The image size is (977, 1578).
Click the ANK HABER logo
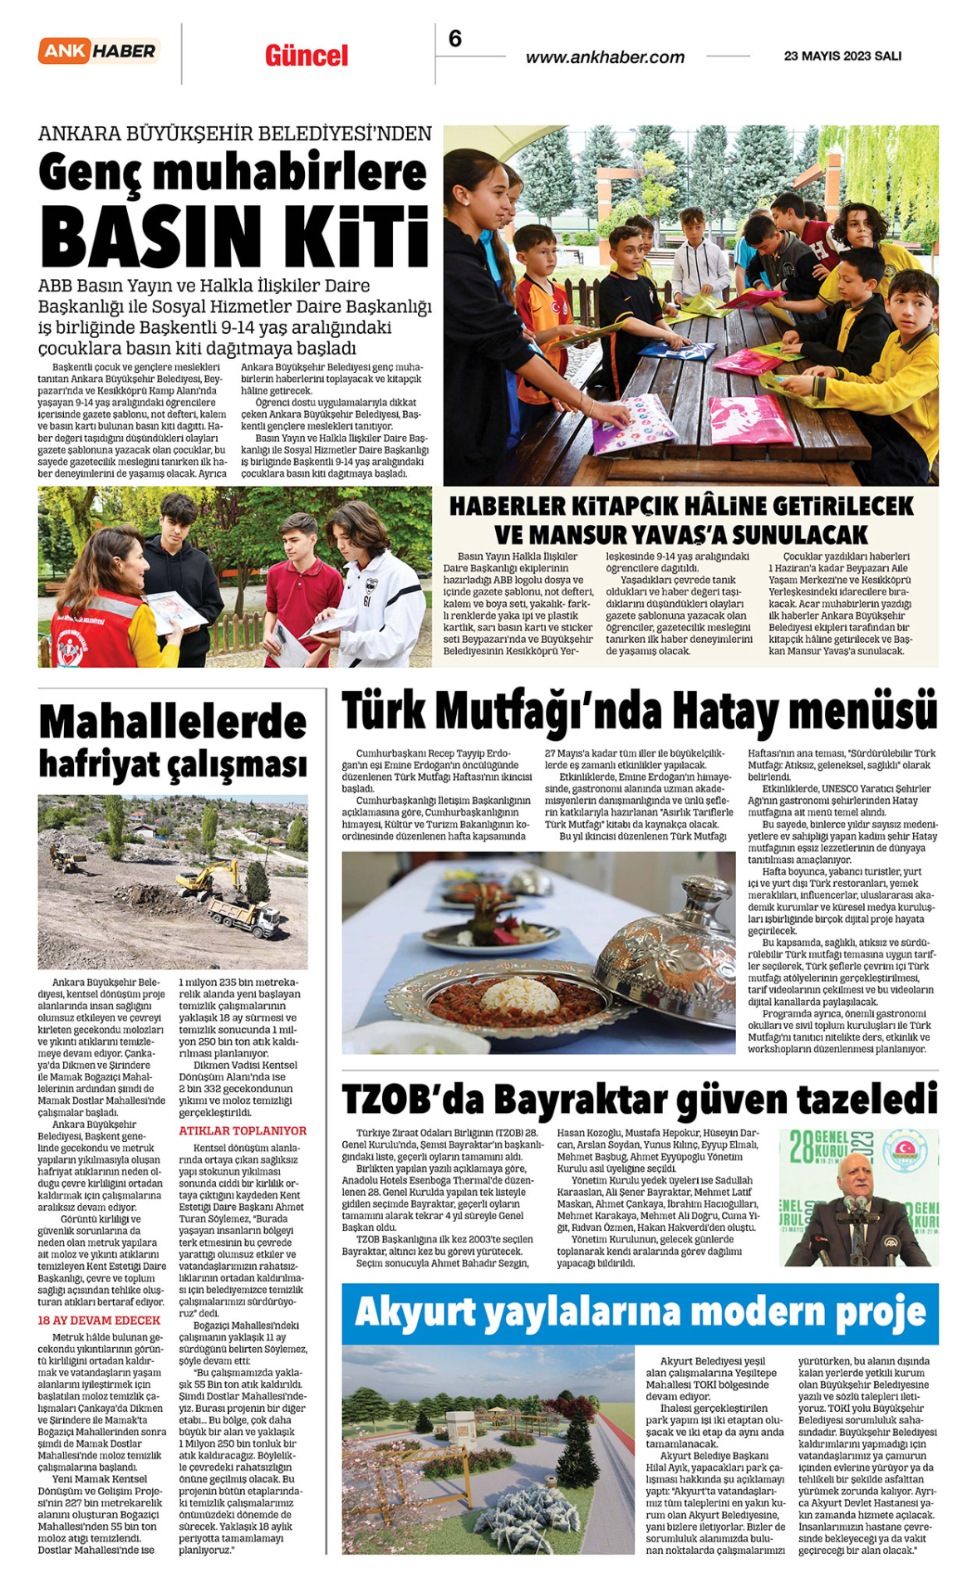tap(98, 51)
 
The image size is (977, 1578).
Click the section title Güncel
tap(307, 56)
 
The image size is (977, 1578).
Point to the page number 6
tap(454, 38)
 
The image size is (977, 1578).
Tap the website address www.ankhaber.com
tap(605, 57)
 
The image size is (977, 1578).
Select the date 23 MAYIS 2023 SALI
tap(842, 56)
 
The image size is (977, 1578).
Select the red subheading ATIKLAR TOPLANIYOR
tap(243, 1131)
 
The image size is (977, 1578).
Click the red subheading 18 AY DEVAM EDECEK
tap(99, 1321)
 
